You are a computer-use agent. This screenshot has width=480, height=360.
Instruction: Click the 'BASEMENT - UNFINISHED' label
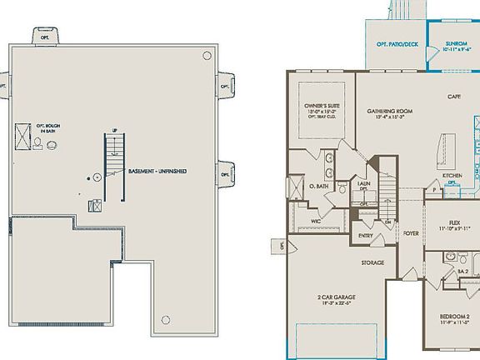coord(157,172)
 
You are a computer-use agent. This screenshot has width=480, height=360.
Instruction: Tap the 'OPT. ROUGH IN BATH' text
coord(48,128)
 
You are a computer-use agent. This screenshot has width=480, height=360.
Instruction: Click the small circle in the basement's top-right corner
coord(207,55)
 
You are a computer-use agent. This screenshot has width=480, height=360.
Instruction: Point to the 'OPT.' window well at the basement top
coord(45,34)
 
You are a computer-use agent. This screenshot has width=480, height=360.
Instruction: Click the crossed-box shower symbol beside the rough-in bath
coord(22,142)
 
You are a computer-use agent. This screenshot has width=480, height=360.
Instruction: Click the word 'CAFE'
coord(454,97)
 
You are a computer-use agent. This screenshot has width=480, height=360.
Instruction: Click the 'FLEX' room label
coord(454,222)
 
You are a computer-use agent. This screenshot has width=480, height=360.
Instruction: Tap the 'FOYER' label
coord(411,233)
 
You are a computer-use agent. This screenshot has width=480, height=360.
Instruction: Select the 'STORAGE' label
coord(372,263)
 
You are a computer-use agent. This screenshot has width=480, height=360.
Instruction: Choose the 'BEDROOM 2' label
coord(455,316)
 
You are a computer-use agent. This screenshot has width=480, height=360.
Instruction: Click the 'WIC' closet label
coord(316,221)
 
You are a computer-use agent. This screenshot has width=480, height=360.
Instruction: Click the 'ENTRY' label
coord(366,235)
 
